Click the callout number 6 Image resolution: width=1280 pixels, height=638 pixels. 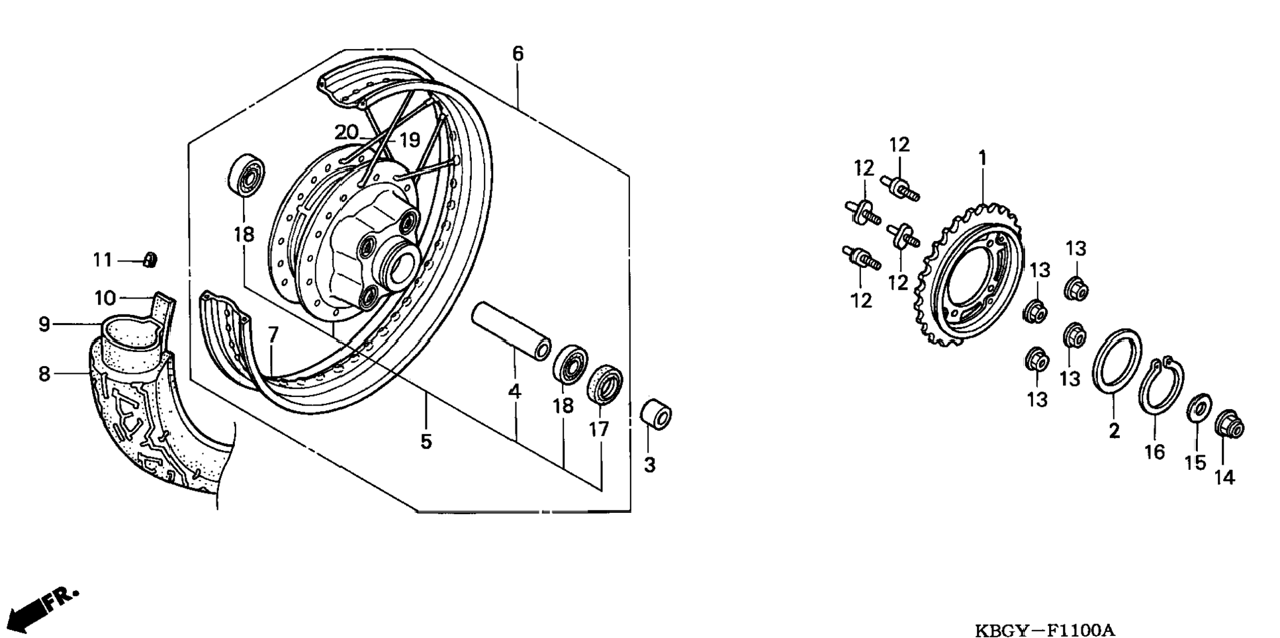click(518, 54)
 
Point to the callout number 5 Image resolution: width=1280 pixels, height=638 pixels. click(426, 441)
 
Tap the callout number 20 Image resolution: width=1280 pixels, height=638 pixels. click(346, 132)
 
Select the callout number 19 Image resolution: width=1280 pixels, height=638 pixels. click(410, 140)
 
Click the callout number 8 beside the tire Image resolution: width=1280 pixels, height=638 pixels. click(44, 374)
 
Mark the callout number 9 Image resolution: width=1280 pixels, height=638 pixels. click(44, 324)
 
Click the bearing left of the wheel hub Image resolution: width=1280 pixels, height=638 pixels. click(246, 175)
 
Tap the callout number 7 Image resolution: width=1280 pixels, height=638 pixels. click(273, 334)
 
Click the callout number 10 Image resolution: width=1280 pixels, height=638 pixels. click(105, 298)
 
